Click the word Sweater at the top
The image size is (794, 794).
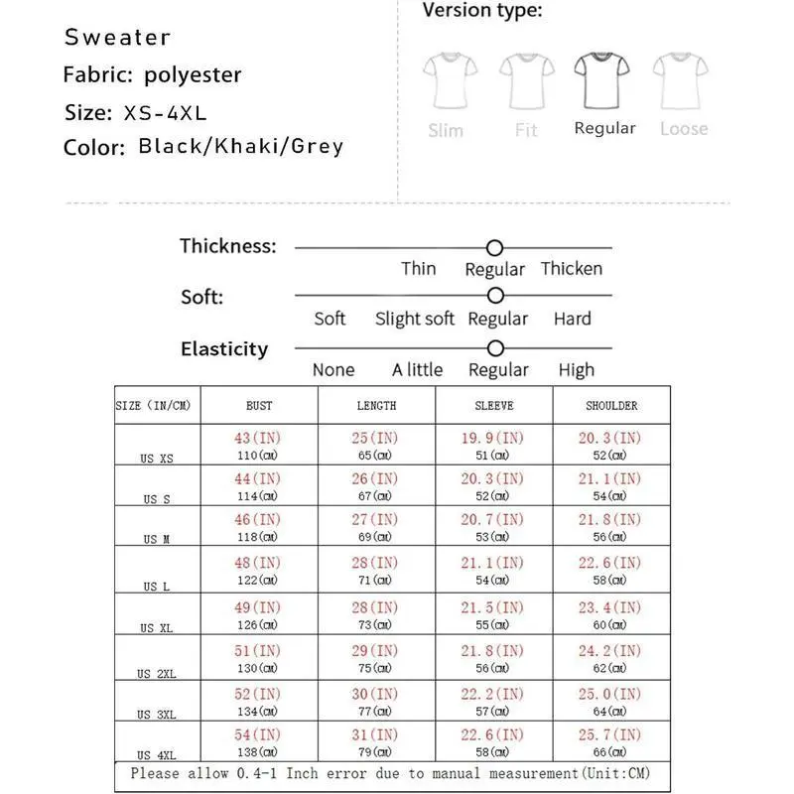click(x=117, y=38)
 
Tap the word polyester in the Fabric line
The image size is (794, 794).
click(x=193, y=74)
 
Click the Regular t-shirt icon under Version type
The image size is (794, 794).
click(x=603, y=80)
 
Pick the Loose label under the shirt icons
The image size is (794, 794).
click(x=684, y=129)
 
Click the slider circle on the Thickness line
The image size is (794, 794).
click(x=494, y=248)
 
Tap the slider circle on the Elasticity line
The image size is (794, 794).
click(x=496, y=348)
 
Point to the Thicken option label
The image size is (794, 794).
click(x=571, y=269)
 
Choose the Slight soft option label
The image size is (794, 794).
click(x=414, y=319)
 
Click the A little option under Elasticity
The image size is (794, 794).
click(x=417, y=370)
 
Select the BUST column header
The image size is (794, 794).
click(x=259, y=406)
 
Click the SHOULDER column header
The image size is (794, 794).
click(x=611, y=406)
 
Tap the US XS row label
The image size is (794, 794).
click(x=157, y=459)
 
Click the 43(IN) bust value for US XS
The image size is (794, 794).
click(x=258, y=438)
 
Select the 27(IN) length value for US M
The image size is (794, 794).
click(x=375, y=519)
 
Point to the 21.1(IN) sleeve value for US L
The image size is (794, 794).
click(x=493, y=563)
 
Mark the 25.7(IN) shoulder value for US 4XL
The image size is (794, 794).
click(x=610, y=734)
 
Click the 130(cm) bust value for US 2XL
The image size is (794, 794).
click(x=258, y=668)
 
